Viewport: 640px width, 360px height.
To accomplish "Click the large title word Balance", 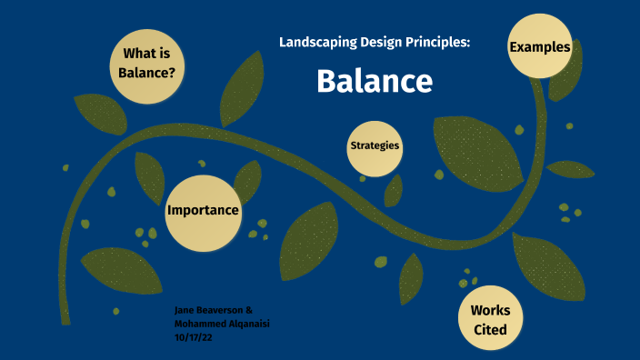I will point(375,81).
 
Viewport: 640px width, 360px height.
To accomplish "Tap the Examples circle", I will point(540,46).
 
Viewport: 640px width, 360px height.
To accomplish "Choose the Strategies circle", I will point(375,145).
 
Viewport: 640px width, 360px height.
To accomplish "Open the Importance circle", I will point(203,211).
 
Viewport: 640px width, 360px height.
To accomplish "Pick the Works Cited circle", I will point(491,319).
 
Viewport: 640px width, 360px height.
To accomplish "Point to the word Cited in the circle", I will point(491,329).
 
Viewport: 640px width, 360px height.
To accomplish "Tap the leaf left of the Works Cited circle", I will point(411,276).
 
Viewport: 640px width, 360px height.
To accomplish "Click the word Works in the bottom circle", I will point(491,310).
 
